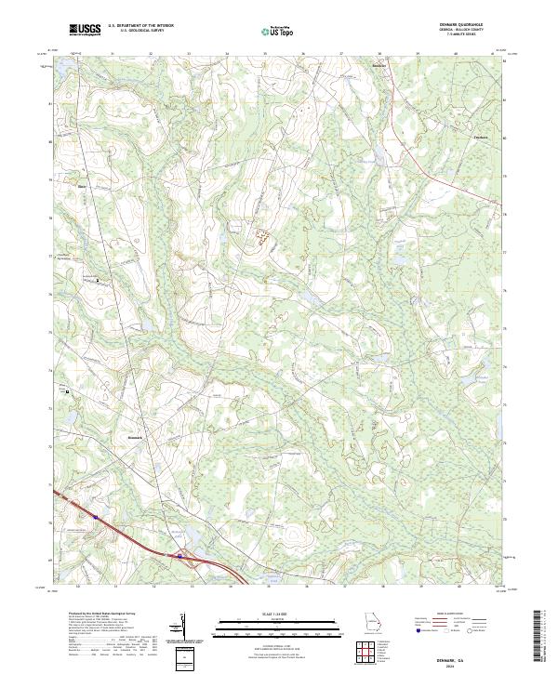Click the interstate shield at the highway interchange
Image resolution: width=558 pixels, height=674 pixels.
pyautogui.click(x=178, y=556)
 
